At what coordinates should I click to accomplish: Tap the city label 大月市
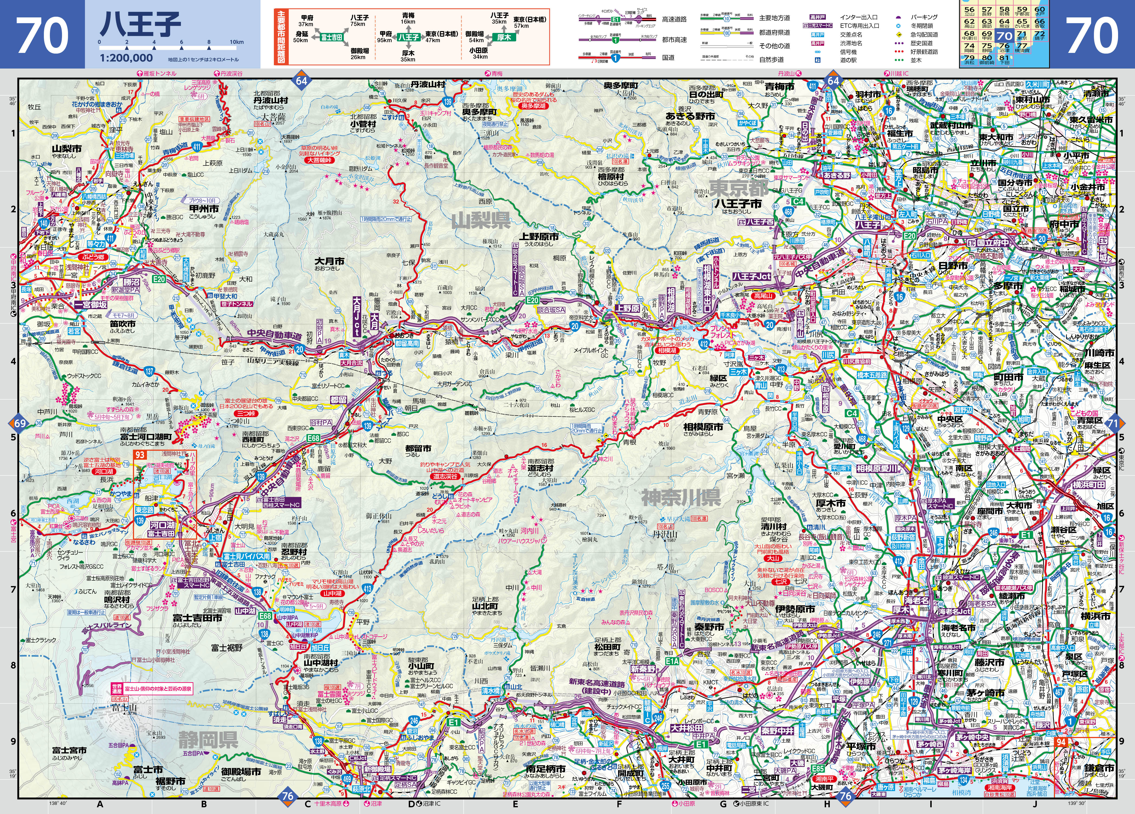pos(329,261)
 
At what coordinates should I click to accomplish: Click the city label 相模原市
pos(703,427)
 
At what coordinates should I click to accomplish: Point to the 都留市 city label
pos(418,448)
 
